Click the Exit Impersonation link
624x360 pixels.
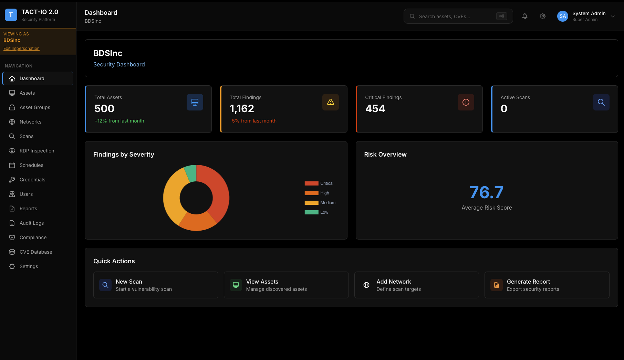[x=21, y=49]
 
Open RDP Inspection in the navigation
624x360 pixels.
[x=37, y=151]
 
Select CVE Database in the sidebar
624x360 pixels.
[x=36, y=252]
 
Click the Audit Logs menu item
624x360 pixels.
[x=32, y=223]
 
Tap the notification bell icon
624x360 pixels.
[x=525, y=16]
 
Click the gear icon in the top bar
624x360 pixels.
[x=543, y=16]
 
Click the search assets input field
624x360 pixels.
[x=455, y=17]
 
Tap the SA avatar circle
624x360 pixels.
[x=563, y=16]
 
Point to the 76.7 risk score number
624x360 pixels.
[x=487, y=192]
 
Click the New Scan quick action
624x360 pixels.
[x=156, y=285]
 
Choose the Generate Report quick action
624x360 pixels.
[x=547, y=285]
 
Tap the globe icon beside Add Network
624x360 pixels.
[x=366, y=285]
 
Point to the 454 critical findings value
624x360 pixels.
[x=375, y=109]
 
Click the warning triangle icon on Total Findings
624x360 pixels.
[x=331, y=102]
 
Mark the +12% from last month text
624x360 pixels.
[x=119, y=121]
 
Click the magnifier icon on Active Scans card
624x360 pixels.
[x=601, y=102]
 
